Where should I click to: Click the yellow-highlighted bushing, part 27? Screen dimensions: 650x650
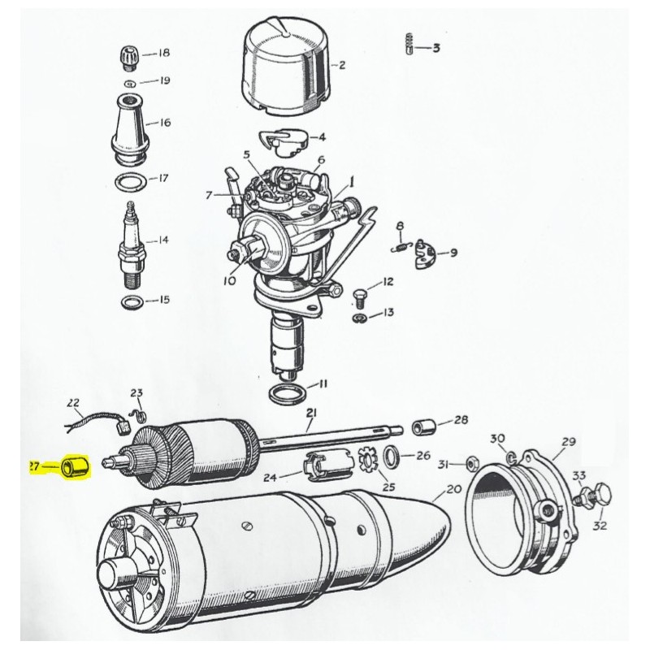click(x=75, y=466)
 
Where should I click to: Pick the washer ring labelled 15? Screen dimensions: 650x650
click(x=132, y=302)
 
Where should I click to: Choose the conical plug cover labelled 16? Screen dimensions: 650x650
click(x=130, y=128)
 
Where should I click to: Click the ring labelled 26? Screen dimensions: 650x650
click(x=391, y=457)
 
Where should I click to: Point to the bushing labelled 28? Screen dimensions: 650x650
click(x=423, y=427)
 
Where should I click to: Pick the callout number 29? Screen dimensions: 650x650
click(x=569, y=442)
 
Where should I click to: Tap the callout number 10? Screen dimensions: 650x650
click(x=229, y=280)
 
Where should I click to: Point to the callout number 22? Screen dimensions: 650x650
click(x=73, y=402)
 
